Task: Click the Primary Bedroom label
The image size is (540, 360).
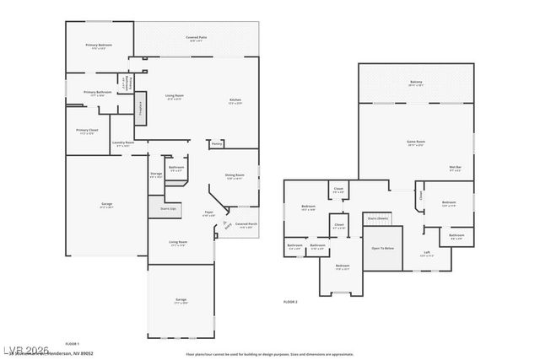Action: [99, 45]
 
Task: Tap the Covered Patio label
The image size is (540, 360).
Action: [198, 38]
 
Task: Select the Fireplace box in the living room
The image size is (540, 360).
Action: [140, 107]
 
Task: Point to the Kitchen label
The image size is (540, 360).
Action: [235, 100]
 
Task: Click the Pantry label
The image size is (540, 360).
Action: [217, 143]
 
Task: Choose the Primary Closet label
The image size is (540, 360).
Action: [87, 131]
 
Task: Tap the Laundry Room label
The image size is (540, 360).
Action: [123, 142]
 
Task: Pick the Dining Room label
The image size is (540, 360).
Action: [235, 175]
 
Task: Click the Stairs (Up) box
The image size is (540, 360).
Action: [168, 207]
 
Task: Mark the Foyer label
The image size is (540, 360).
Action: [208, 212]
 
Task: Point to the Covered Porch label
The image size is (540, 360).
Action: [246, 224]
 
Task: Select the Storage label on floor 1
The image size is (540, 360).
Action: [156, 175]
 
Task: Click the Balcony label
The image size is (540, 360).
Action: [416, 82]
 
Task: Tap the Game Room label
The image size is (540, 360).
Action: [416, 142]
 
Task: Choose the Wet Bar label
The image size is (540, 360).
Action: [454, 169]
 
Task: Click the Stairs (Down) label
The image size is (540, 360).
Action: [377, 218]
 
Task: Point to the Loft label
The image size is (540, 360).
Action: [427, 253]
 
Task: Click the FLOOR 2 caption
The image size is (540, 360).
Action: [291, 301]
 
